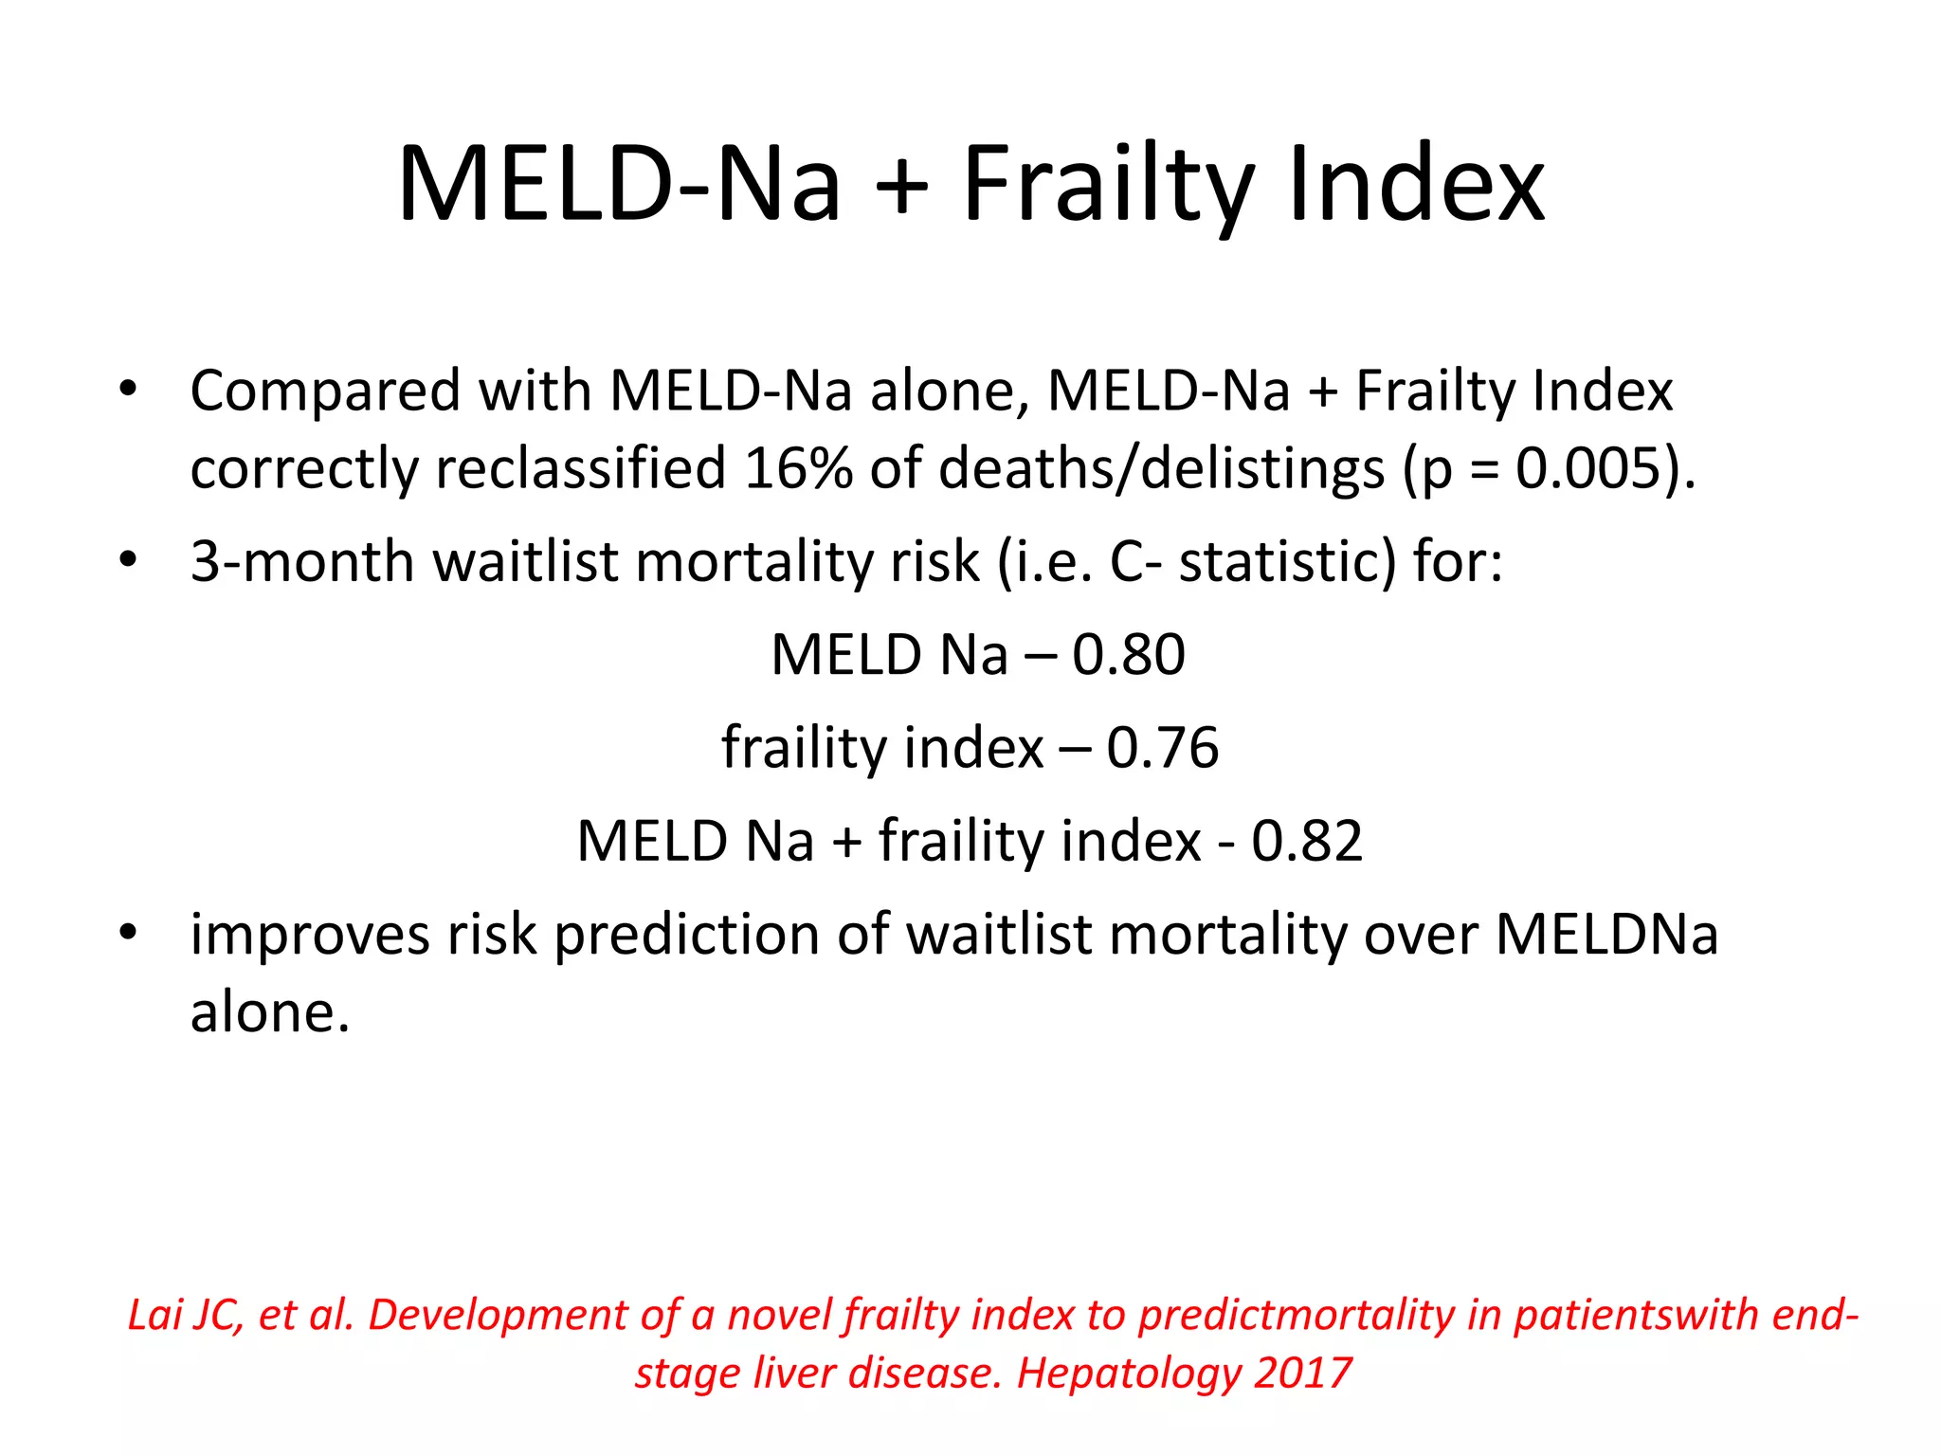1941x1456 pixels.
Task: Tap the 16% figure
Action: pyautogui.click(x=798, y=468)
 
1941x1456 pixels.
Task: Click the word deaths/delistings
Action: pyautogui.click(x=1162, y=468)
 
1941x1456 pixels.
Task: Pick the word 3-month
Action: pyautogui.click(x=302, y=561)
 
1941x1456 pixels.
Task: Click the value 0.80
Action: pyautogui.click(x=1129, y=654)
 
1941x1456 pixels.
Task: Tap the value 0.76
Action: pyautogui.click(x=1163, y=747)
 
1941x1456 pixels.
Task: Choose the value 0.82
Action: pyautogui.click(x=1307, y=841)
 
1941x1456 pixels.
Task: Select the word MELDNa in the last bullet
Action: pyautogui.click(x=1607, y=935)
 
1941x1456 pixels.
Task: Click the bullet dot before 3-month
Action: pyautogui.click(x=128, y=559)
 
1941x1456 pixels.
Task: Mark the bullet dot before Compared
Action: pyautogui.click(x=128, y=389)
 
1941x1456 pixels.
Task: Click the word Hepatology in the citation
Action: pyautogui.click(x=1127, y=1373)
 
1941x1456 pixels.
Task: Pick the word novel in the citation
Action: pyautogui.click(x=780, y=1316)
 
